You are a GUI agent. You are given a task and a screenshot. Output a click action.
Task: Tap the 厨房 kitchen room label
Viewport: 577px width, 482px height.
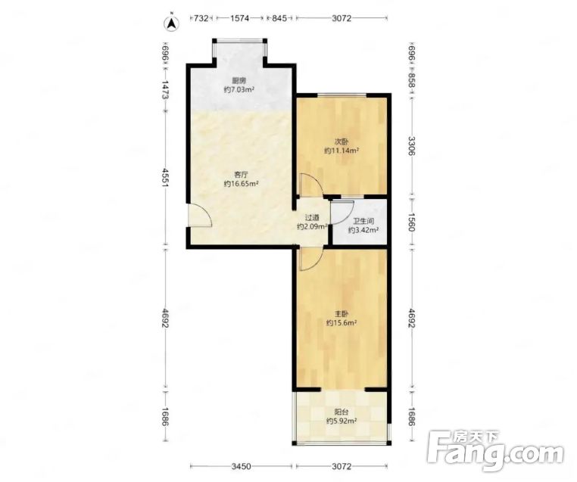click(x=239, y=80)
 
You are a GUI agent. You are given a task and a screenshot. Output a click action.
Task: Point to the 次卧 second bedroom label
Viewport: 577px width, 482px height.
click(x=342, y=141)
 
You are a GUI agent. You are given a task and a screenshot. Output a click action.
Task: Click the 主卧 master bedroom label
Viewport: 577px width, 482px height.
click(x=342, y=314)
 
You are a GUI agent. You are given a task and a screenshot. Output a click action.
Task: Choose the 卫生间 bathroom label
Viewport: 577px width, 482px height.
click(x=363, y=222)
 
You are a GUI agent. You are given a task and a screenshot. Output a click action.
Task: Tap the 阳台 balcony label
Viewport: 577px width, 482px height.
click(x=342, y=412)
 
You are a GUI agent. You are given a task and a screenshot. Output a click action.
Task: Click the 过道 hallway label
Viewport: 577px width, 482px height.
click(x=312, y=218)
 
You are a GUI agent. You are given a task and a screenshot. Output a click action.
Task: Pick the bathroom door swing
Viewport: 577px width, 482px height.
click(x=342, y=213)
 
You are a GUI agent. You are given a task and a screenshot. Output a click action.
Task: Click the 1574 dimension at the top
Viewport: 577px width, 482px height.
click(x=239, y=18)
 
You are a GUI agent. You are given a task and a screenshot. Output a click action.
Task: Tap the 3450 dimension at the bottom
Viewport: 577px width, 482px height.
click(x=241, y=467)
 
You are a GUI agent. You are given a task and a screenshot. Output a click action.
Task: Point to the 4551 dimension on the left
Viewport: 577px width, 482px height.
click(x=165, y=178)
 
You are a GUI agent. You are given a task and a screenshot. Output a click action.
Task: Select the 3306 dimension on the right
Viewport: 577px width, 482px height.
click(x=412, y=146)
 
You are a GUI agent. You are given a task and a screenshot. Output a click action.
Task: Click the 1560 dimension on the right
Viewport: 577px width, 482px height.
click(x=412, y=222)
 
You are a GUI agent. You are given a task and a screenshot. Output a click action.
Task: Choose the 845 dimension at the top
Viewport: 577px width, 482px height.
click(x=279, y=18)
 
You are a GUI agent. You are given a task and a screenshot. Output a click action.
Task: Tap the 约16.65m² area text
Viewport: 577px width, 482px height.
click(x=241, y=184)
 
